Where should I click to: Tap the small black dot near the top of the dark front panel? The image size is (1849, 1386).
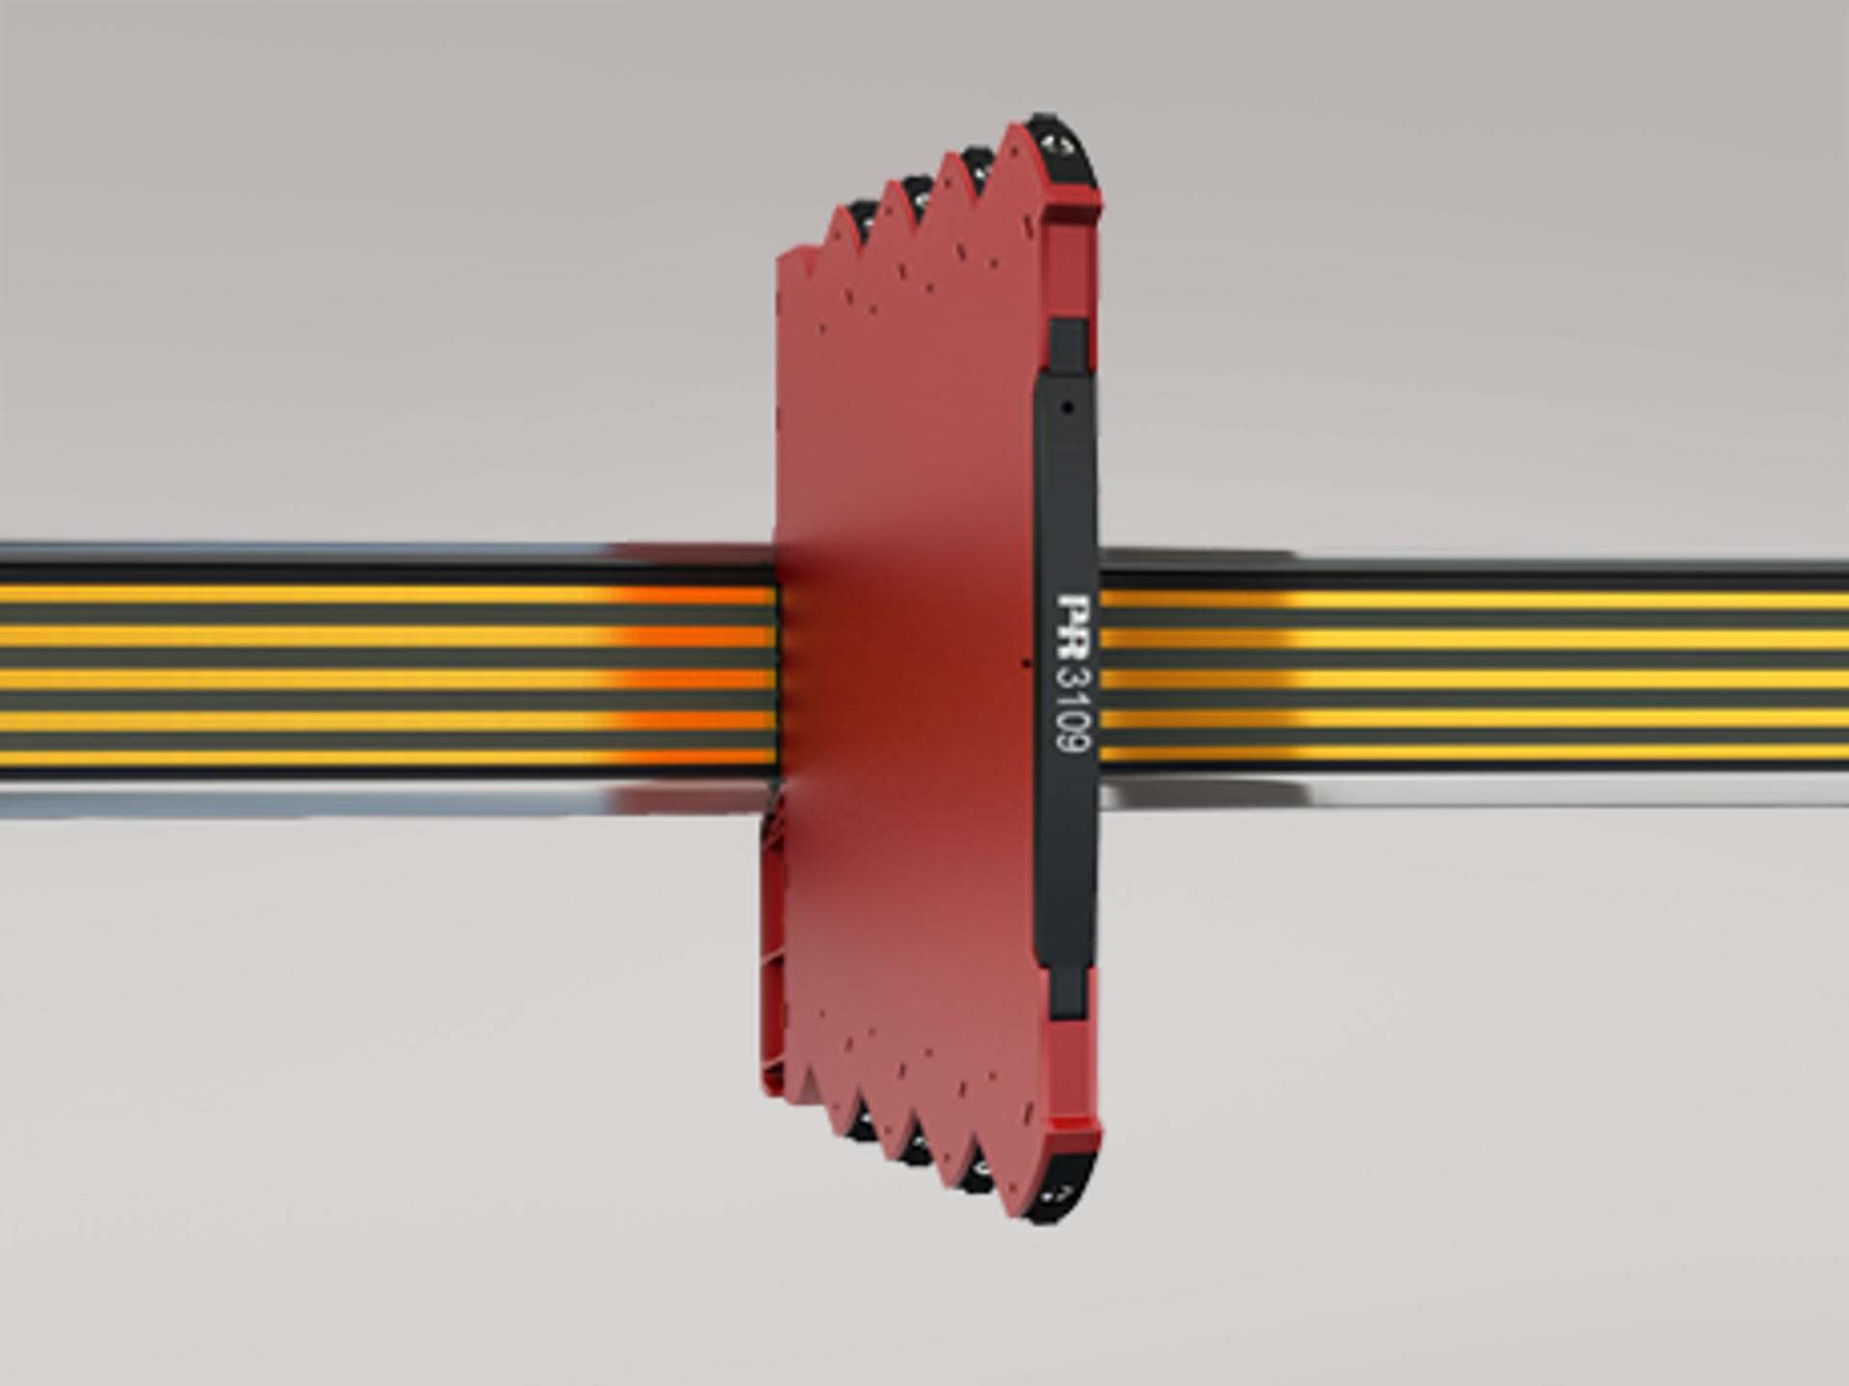pos(1067,407)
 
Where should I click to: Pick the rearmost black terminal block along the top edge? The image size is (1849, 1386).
pos(860,217)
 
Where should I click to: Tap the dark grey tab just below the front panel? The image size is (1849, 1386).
pos(1066,991)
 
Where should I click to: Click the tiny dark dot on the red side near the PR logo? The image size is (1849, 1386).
pos(1026,662)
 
